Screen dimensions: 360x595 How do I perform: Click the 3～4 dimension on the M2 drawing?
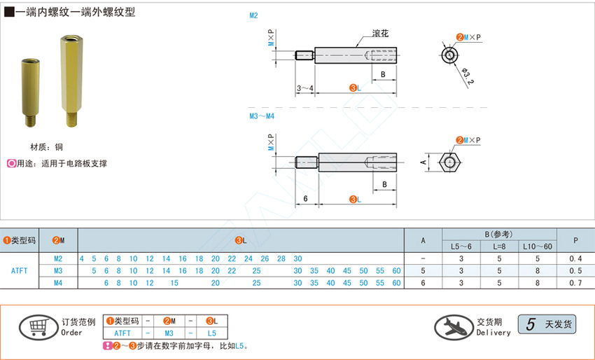click(305, 88)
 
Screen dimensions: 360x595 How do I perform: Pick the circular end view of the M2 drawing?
click(449, 53)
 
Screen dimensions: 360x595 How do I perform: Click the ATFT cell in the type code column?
click(20, 270)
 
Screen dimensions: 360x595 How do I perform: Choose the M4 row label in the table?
click(58, 282)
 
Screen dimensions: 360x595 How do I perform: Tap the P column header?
click(575, 240)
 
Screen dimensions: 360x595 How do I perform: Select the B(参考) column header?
click(499, 234)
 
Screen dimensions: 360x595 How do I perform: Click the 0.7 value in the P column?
click(575, 282)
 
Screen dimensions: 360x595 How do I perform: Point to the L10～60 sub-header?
click(537, 247)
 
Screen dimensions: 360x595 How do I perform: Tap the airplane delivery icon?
click(454, 326)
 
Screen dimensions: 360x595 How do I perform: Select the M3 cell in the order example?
click(169, 333)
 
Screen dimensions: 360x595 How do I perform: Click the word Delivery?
click(493, 333)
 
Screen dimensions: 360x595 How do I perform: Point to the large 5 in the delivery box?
click(530, 324)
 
